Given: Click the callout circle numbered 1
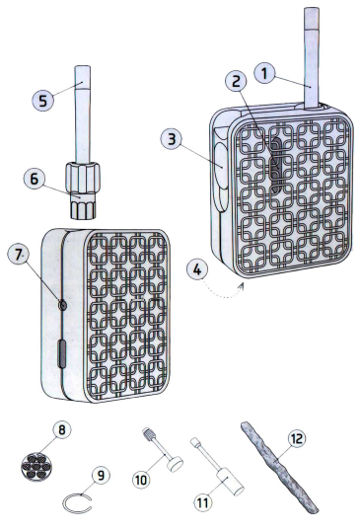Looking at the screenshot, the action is (264, 73).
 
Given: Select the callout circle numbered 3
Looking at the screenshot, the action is (172, 139).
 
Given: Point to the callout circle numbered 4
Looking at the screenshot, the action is (197, 269).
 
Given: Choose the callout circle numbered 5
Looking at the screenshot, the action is (42, 101).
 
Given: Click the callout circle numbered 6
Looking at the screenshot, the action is (35, 179).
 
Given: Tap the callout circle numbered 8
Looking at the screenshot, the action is (62, 430).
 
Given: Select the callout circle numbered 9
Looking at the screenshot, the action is (101, 475).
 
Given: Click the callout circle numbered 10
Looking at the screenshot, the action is (141, 480).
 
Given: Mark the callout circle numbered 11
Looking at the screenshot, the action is (203, 502).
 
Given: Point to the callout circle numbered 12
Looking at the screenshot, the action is (297, 439).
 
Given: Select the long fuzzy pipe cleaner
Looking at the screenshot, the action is (279, 466).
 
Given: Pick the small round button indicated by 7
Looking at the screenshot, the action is (62, 306).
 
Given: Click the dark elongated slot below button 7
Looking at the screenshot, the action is (62, 354).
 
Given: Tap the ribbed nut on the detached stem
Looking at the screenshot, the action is (83, 177).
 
